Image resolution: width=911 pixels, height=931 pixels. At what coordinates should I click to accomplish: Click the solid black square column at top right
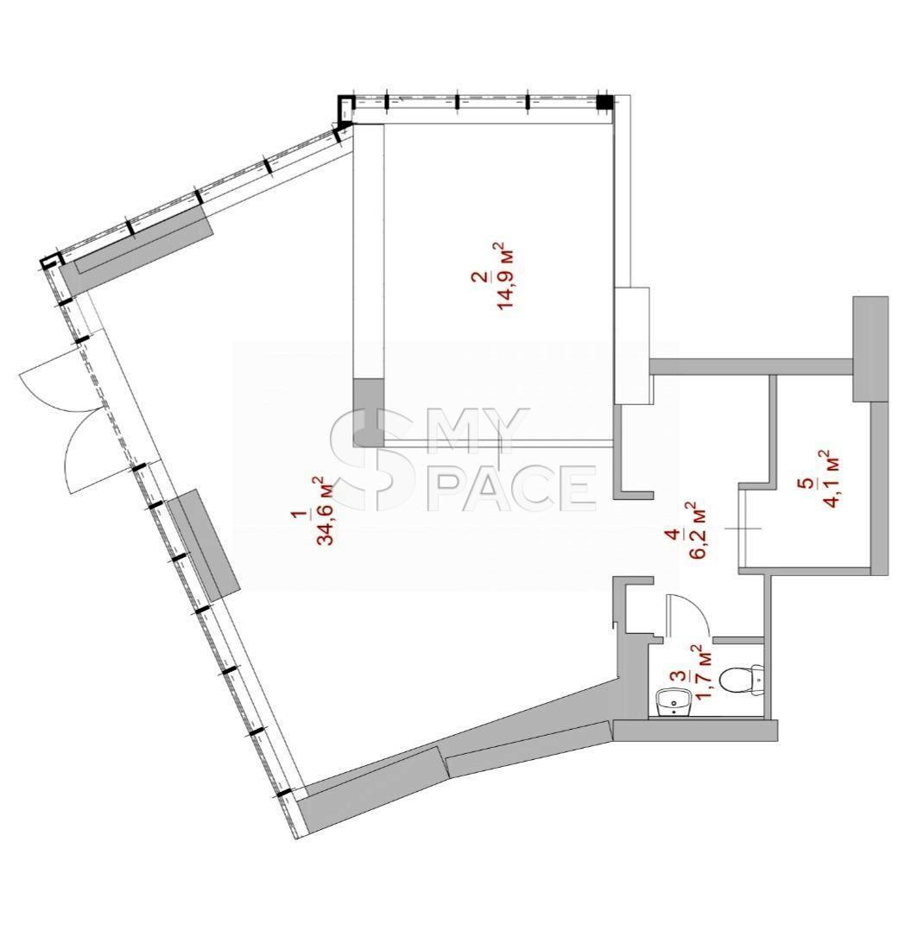point(604,102)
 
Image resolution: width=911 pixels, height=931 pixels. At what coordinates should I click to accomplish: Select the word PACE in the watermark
point(516,488)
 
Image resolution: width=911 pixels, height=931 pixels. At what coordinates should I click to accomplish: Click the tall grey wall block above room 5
point(870,349)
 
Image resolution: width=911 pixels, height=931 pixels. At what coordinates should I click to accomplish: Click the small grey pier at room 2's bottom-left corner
point(368,413)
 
